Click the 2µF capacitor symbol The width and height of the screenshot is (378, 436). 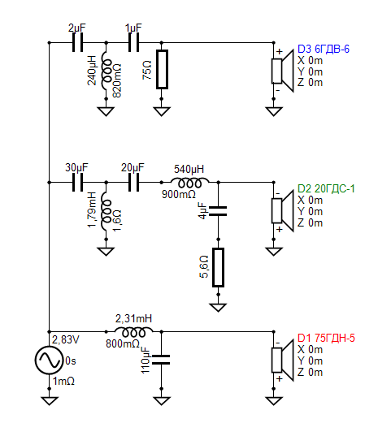click(77, 42)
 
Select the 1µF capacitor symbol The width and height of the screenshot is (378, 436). click(133, 42)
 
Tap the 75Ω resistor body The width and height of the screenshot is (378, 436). click(162, 70)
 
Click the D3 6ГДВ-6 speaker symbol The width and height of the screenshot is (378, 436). click(283, 71)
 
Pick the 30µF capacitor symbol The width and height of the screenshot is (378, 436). click(77, 183)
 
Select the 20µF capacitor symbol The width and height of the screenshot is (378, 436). click(133, 183)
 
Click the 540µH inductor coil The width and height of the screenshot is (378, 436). click(190, 183)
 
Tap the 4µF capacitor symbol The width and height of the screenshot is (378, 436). click(218, 211)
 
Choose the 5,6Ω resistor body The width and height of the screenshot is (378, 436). click(218, 267)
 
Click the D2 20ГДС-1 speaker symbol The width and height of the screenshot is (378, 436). click(283, 211)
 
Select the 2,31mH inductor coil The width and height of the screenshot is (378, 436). click(133, 331)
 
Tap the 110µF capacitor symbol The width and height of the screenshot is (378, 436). click(162, 360)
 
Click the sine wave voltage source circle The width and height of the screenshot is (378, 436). click(49, 360)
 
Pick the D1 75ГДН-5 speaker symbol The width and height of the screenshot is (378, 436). click(283, 360)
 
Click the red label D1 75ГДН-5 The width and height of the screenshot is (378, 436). click(326, 338)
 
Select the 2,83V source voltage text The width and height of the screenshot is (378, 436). click(66, 339)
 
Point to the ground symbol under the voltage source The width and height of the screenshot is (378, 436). click(50, 400)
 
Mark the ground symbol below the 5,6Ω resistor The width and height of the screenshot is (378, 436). click(218, 307)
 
